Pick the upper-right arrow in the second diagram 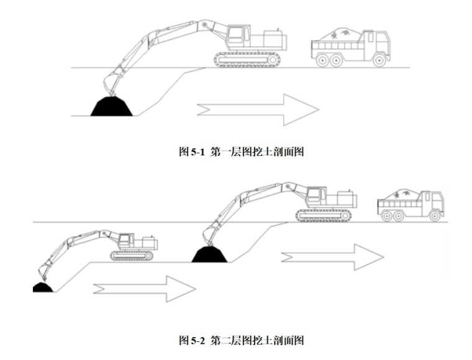(x=332, y=256)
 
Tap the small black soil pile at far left (x=42, y=287)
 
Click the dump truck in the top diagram (x=350, y=46)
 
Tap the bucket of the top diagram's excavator (x=112, y=83)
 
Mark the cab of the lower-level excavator (x=126, y=240)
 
